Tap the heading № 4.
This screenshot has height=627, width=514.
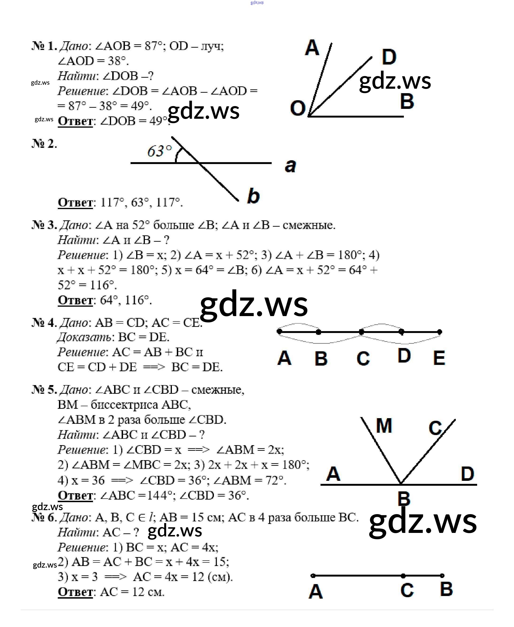coord(44,322)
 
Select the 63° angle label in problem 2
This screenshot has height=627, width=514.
coord(159,151)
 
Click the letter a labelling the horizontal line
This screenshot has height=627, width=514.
coord(290,166)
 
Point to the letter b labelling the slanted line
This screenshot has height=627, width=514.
coord(253,196)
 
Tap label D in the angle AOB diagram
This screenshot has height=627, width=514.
coord(389,57)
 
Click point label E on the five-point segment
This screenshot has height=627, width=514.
coord(439,358)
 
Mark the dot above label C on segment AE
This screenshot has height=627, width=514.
coord(361,332)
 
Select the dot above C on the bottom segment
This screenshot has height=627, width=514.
coord(403,576)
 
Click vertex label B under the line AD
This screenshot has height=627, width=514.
coord(404,499)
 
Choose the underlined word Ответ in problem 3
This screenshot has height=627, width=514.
coord(75,300)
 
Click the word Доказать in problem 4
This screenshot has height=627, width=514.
coord(84,337)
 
